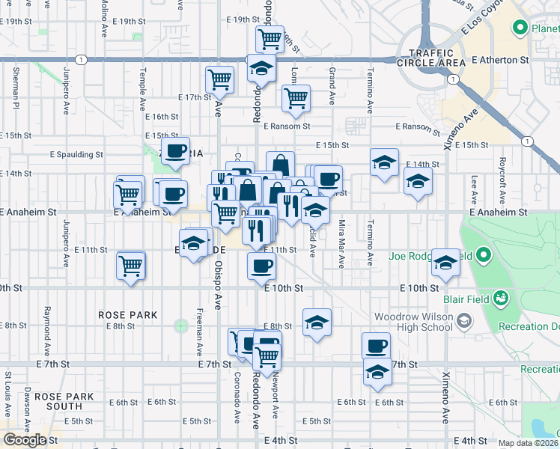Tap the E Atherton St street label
[500, 59]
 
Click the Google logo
[25, 440]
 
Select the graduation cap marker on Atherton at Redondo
[261, 67]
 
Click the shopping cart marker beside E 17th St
[219, 79]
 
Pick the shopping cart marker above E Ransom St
[296, 97]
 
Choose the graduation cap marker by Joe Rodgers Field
[445, 262]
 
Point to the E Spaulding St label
[76, 155]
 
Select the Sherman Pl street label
[16, 86]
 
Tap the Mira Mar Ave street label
[341, 244]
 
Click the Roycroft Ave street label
[503, 177]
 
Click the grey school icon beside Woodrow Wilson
[464, 321]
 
